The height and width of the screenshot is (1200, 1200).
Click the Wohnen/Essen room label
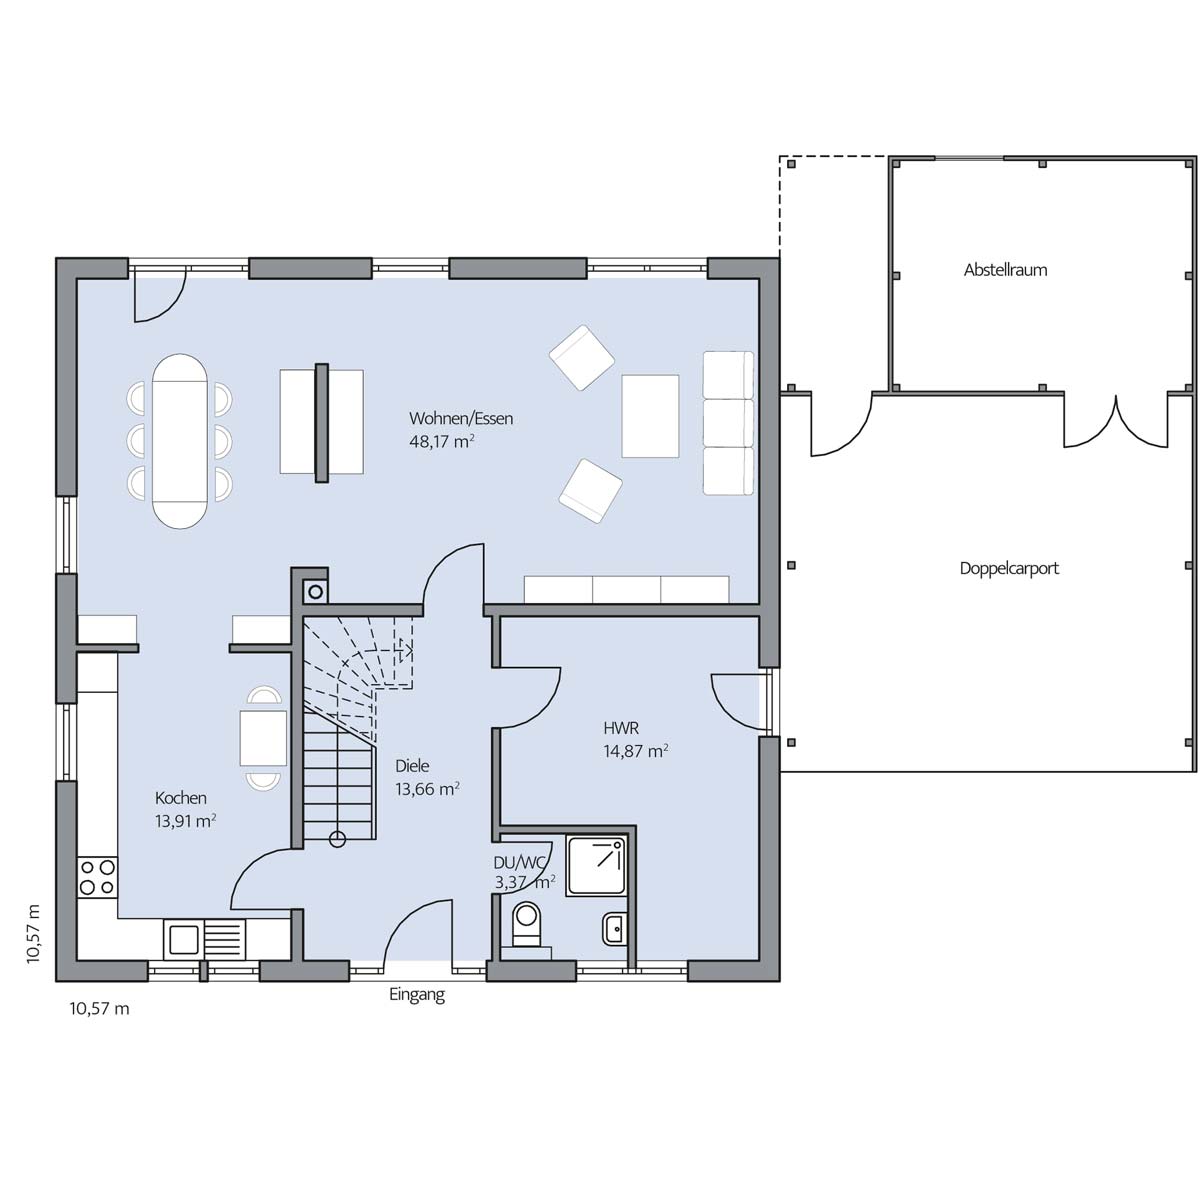point(461,418)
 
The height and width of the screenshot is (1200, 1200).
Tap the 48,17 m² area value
point(442,442)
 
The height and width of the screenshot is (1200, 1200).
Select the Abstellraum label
point(1005,270)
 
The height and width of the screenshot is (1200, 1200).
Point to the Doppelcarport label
point(1009,568)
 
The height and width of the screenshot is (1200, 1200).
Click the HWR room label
point(621,727)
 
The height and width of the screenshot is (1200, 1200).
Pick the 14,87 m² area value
point(635,750)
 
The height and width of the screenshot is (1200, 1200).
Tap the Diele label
point(412,765)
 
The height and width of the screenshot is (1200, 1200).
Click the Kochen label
point(181,798)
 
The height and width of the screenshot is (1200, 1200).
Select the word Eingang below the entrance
point(417,994)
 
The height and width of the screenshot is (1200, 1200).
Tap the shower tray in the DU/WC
point(596,866)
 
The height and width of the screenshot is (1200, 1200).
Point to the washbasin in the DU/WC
point(614,929)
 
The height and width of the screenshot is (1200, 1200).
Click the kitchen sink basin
point(183,939)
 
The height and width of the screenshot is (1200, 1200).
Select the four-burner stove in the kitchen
point(97,877)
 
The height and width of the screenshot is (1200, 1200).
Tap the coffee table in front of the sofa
point(650,416)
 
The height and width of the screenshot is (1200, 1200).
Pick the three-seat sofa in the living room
point(728,423)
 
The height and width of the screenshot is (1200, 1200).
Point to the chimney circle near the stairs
point(316,592)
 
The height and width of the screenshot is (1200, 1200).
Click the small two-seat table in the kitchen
point(263,738)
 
